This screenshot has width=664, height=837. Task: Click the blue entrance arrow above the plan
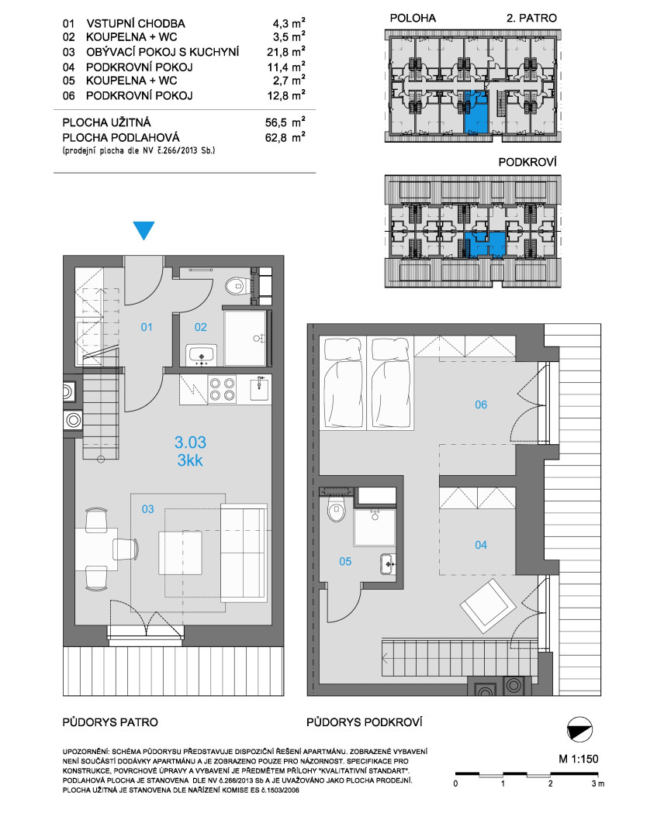click(x=144, y=230)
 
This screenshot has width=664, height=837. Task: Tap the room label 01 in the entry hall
click(x=147, y=327)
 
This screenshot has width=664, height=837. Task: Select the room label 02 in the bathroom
click(x=200, y=327)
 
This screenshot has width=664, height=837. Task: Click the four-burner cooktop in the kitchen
click(x=222, y=389)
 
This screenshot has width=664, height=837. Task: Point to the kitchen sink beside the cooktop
click(x=261, y=388)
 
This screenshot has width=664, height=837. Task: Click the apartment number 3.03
click(x=190, y=442)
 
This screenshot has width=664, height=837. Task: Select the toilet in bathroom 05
click(x=336, y=509)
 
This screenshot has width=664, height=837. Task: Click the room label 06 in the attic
click(x=481, y=405)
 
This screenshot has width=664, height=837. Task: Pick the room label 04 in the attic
click(x=481, y=545)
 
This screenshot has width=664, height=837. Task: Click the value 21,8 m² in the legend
click(x=285, y=51)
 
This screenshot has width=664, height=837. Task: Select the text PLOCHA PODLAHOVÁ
click(x=121, y=137)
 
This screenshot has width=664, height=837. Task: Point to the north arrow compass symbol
click(x=579, y=729)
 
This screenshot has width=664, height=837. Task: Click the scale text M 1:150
click(x=579, y=759)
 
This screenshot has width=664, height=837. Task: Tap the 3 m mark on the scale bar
click(x=598, y=784)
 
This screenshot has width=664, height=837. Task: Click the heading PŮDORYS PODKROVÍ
click(x=365, y=722)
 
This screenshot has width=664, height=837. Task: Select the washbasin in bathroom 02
click(x=201, y=355)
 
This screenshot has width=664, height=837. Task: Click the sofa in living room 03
click(x=244, y=553)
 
